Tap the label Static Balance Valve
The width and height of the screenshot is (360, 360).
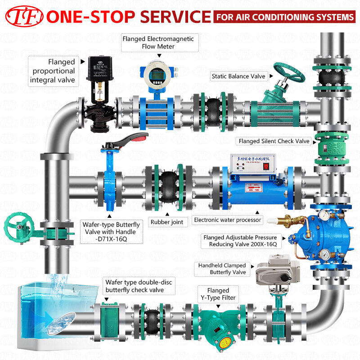tap(238, 76)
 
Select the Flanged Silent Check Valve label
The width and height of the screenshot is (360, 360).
tap(274, 141)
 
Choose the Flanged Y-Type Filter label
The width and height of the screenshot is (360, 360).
tap(218, 294)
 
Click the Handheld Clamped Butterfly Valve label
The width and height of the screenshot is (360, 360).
tap(222, 269)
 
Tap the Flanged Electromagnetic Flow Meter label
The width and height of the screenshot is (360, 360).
tap(158, 42)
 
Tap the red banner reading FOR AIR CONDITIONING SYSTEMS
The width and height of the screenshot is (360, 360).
tap(285, 17)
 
